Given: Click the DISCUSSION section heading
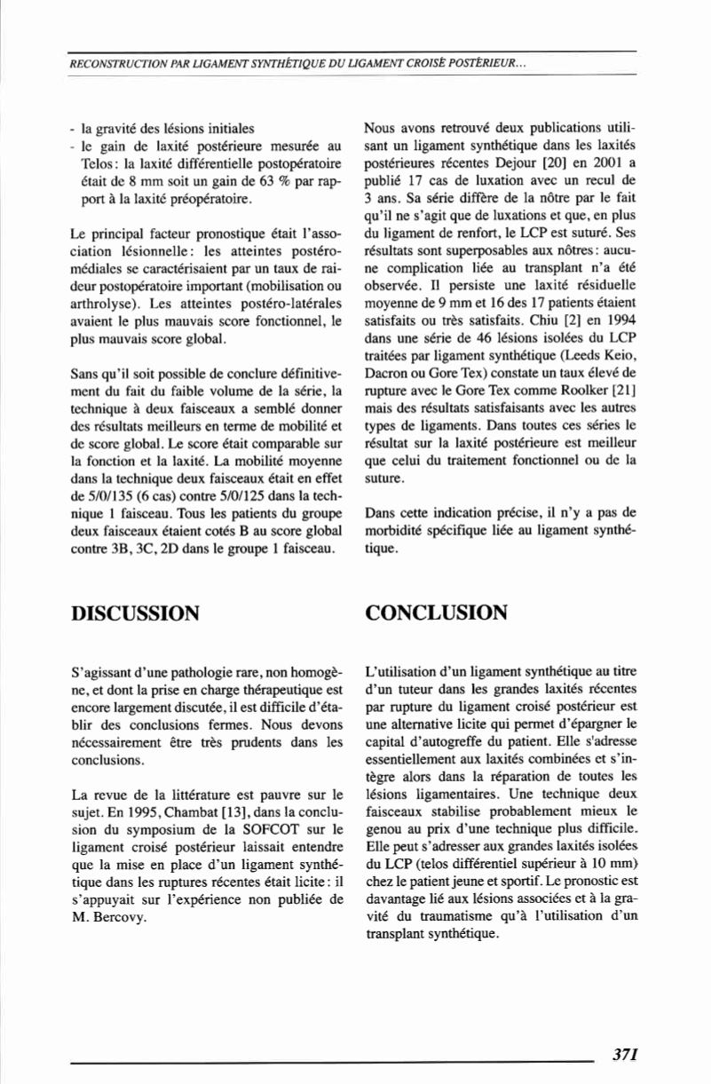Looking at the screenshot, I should coord(135,613).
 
